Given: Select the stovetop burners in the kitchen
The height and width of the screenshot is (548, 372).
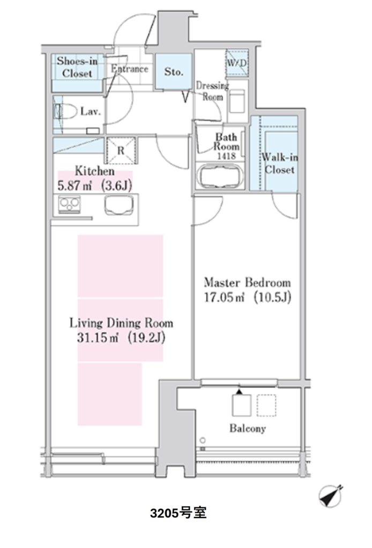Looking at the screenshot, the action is point(70,204).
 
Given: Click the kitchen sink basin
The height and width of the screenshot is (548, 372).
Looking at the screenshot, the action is point(120,205).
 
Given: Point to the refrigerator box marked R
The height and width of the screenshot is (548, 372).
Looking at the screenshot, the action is point(121,150).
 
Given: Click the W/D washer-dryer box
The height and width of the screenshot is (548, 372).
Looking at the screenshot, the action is point(237,63).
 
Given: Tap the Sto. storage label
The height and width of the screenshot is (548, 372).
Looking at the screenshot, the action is point(174,72).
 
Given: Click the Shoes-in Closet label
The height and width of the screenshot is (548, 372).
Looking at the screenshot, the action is point(77,67).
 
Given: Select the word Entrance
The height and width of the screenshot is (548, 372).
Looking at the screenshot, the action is point(130,69).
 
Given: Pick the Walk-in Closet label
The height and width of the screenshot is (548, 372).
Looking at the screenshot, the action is point(280,164).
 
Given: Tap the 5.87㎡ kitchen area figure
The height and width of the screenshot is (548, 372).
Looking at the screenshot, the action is point(75,186).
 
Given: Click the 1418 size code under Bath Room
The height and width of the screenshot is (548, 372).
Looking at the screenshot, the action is point(226,156).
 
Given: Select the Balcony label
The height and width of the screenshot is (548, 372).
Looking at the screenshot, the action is point(248,429).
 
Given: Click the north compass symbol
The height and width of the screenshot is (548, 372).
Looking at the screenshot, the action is point(331,496).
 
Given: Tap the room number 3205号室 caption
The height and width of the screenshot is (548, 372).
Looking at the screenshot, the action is point(178,513).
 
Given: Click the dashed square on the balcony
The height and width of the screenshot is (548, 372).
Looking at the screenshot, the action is point(266,406).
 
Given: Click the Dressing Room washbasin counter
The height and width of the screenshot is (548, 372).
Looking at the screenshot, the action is point(237,101).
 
